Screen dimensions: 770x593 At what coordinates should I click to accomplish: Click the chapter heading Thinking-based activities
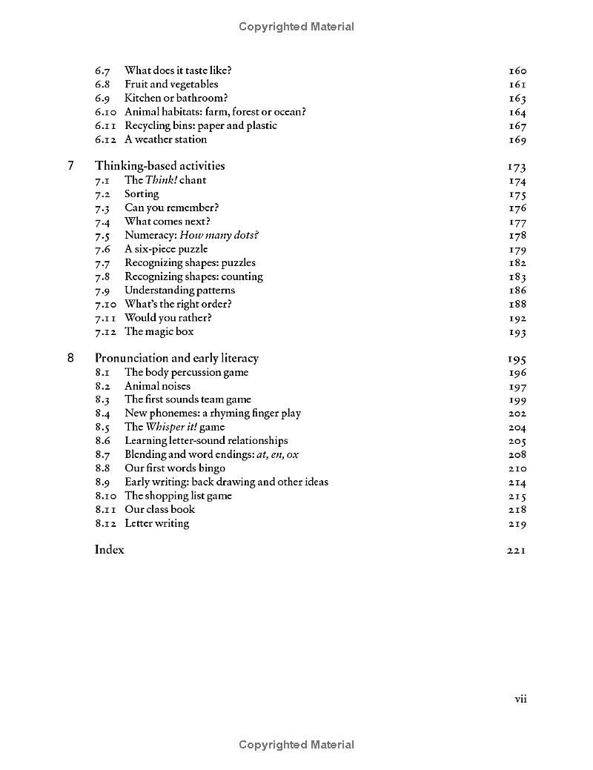point(159,166)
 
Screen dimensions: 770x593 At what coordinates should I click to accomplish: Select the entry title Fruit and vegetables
point(171,84)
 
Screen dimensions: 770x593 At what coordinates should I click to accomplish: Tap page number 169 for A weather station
point(517,140)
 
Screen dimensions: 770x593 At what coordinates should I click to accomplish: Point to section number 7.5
point(102,236)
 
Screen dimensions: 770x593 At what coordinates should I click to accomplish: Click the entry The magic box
point(159,331)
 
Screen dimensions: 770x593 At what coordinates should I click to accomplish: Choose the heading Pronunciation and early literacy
point(176,358)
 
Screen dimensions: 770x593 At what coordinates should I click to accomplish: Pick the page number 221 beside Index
point(517,551)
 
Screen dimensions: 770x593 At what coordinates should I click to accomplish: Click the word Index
point(110,550)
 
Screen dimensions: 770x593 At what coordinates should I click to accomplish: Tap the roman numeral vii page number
point(520,698)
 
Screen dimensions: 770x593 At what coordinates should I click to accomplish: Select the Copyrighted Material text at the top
point(296,27)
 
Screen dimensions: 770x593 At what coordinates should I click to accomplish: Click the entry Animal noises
point(157,386)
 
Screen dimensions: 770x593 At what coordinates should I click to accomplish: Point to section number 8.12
point(105,523)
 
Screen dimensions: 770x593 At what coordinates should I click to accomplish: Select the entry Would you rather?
point(168,318)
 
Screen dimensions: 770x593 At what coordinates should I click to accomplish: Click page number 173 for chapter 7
point(517,167)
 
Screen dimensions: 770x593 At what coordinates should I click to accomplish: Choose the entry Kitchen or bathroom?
point(176,98)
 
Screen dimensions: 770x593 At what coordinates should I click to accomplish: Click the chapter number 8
point(71,358)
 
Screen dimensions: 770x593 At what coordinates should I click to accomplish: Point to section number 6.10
point(105,112)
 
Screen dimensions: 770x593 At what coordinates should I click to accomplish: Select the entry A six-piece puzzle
point(166,249)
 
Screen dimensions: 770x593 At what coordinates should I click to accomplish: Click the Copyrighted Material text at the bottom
point(296,745)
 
